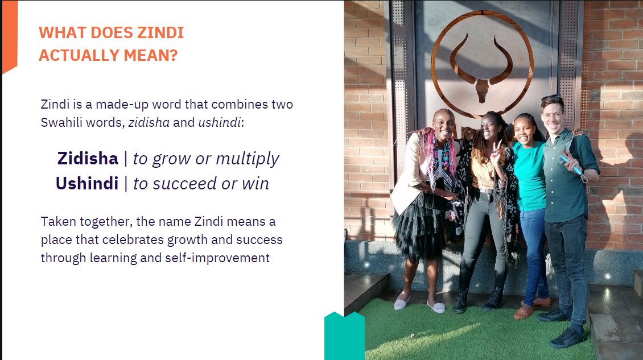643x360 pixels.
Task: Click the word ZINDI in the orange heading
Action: pos(161,33)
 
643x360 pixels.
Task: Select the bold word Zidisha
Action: pos(87,159)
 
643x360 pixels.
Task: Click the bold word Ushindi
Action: pos(86,184)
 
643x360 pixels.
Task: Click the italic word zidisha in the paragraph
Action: pos(149,123)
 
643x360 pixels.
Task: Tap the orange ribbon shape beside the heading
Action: pos(10,37)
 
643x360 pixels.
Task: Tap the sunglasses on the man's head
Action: pos(551,98)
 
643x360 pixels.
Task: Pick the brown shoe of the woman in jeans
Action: pos(524,311)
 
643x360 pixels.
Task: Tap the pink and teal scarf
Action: pos(436,156)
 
